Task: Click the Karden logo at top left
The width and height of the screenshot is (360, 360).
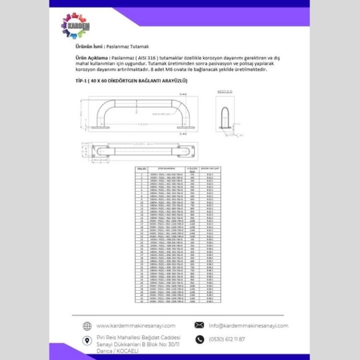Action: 76,25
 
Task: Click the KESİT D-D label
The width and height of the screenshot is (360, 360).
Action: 225,91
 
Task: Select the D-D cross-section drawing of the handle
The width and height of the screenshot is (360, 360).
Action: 225,115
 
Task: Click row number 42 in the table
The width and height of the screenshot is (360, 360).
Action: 142,301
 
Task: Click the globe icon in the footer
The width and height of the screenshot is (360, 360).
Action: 87,326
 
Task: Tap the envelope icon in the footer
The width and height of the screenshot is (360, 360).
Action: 199,325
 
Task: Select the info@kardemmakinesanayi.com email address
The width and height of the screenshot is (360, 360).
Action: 248,325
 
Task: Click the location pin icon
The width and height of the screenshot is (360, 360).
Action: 87,341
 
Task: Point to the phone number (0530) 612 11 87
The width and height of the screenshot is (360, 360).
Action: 227,339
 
